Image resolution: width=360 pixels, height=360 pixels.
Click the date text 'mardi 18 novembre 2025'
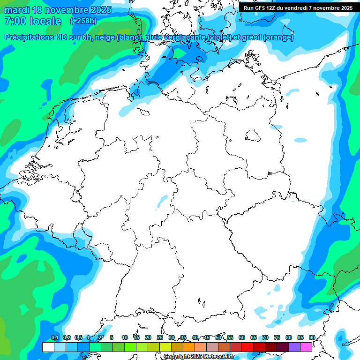(x=58, y=9)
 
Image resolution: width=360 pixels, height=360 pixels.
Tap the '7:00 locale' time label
(x=32, y=21)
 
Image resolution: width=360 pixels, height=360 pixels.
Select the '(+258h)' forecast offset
(x=83, y=21)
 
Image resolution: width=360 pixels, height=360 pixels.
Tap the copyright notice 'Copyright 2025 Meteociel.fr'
(x=199, y=356)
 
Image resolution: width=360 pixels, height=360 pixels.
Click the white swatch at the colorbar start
(x=48, y=347)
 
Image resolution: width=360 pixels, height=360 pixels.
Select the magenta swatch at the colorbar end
(x=306, y=347)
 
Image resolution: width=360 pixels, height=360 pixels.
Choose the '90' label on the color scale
(x=312, y=337)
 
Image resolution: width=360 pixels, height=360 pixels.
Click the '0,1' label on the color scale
(x=54, y=337)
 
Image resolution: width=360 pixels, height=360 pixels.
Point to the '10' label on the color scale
(x=125, y=337)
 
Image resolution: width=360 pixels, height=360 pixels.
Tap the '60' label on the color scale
(x=242, y=337)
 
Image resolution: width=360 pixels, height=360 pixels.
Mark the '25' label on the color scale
(x=160, y=337)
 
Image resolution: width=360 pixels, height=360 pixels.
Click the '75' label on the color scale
(x=277, y=337)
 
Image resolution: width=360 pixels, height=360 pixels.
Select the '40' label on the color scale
(x=195, y=337)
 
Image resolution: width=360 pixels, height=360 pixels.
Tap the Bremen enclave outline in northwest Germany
(x=143, y=112)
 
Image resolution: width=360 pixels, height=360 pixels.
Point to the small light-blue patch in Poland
(x=300, y=140)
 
